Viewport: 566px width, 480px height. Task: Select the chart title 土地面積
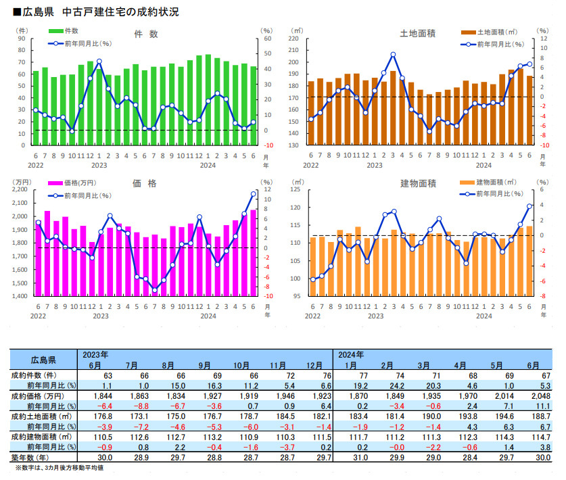tap(417, 32)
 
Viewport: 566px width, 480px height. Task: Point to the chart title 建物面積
tap(417, 183)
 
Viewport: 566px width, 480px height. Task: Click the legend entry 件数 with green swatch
tap(66, 31)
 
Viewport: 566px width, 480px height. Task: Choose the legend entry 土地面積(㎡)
tap(493, 32)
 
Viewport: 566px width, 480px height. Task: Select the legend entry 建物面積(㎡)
tap(493, 183)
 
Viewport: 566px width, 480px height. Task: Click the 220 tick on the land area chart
tap(293, 39)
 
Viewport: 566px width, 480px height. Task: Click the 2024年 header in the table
tap(350, 354)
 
